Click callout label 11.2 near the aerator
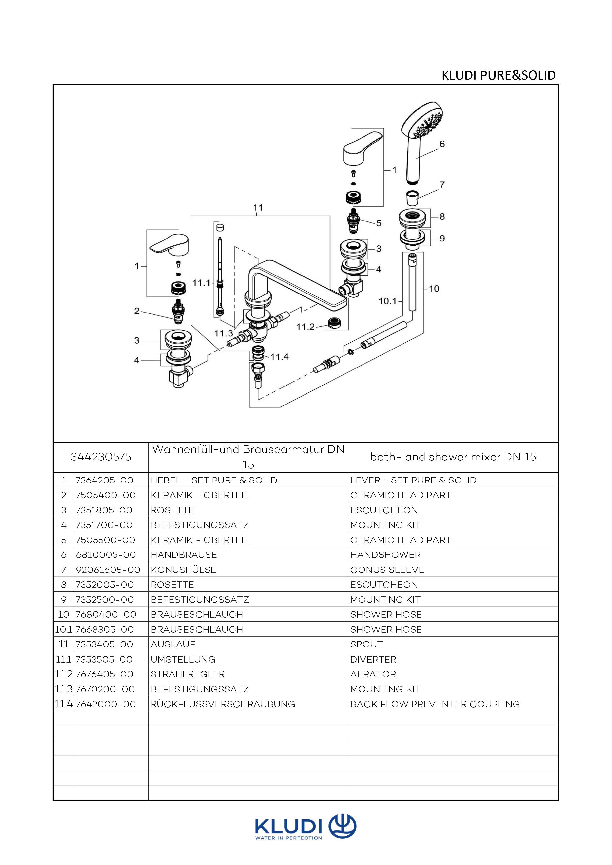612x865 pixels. (x=305, y=327)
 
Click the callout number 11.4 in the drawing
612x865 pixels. (x=279, y=356)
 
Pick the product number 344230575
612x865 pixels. (x=101, y=457)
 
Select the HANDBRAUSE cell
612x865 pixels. (x=184, y=555)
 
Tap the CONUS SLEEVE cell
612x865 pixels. (x=387, y=570)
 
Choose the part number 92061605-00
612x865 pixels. (x=108, y=570)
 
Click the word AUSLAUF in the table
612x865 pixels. (x=173, y=644)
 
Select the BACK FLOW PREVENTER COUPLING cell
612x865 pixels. (x=435, y=704)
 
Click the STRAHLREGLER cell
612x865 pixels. (x=188, y=674)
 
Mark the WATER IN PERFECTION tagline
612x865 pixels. (x=289, y=839)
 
